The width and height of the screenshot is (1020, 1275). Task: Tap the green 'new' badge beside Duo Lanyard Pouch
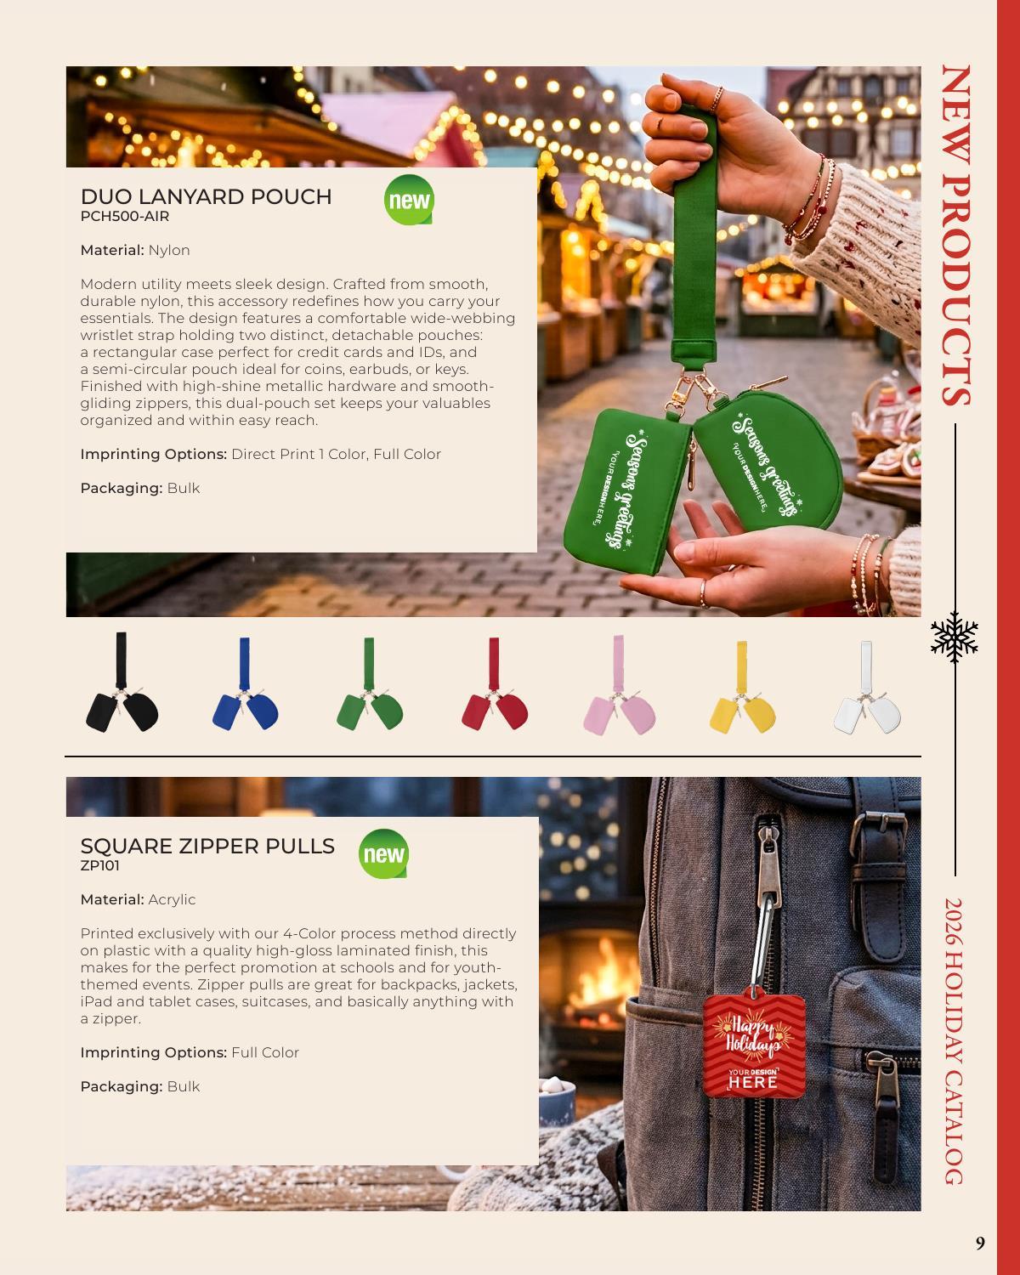coord(409,200)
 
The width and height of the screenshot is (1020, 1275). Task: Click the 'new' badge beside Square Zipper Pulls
coord(383,853)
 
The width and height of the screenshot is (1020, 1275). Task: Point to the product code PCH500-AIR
coord(124,216)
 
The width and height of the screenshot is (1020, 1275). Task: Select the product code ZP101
coord(99,865)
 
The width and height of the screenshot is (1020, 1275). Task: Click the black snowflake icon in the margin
coord(955,637)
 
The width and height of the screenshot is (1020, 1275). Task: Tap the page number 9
coord(980,1243)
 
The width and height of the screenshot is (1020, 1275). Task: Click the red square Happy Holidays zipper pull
coord(753,1046)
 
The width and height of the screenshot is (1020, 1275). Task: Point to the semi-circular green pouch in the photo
coord(768,460)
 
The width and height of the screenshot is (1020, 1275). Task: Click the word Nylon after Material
coord(169,251)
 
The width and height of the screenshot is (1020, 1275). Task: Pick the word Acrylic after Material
coord(172,899)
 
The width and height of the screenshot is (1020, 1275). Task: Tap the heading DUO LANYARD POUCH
coord(206,196)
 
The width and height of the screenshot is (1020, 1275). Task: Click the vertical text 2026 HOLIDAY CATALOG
coord(955,1041)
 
